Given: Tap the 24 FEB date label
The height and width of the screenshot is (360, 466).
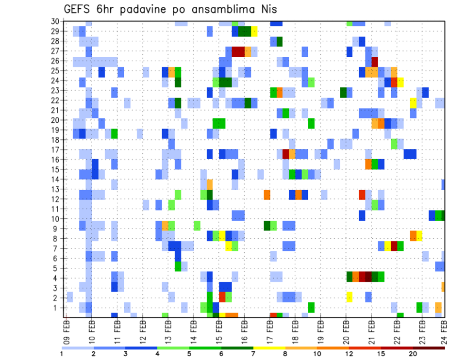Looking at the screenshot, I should [x=444, y=330].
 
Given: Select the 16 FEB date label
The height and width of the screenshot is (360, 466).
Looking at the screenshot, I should [x=244, y=330].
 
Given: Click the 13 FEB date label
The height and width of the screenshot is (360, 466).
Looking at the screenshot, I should [x=168, y=330].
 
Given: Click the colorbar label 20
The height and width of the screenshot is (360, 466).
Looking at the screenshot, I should [x=413, y=354].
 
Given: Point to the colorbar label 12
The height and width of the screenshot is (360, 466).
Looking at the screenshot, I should [x=349, y=354].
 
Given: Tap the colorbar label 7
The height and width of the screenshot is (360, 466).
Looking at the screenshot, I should [x=253, y=354].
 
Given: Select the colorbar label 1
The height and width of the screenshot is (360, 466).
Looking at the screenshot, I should [x=62, y=354].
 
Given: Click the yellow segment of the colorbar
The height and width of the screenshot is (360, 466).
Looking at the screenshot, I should [x=269, y=348].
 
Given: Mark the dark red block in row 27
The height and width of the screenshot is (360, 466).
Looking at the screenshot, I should [x=238, y=51].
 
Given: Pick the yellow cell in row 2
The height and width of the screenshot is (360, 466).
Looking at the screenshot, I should [x=349, y=297].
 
